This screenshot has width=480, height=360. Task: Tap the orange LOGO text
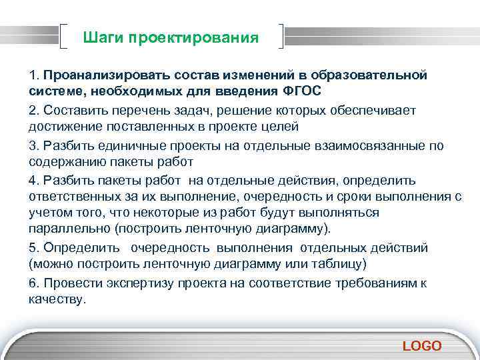click(x=421, y=345)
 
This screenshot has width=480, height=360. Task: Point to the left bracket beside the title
click(x=65, y=37)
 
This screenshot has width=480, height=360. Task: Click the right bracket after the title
click(x=283, y=37)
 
